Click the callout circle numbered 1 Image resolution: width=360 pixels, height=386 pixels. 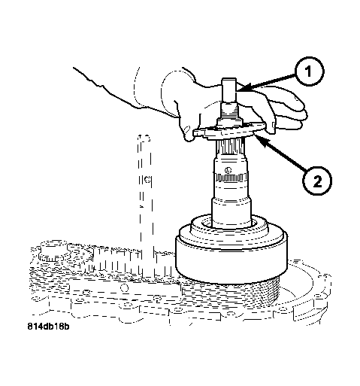309,71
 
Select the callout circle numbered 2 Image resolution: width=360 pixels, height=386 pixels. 317,181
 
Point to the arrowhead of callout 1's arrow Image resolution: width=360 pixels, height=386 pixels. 241,90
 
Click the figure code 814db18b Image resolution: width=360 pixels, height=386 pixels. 48,327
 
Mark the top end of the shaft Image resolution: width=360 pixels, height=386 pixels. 229,79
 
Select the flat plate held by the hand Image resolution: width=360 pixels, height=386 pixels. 229,131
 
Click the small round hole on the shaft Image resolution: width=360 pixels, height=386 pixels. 228,170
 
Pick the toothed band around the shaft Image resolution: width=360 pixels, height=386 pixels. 231,178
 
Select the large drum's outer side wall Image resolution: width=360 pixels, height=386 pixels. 231,265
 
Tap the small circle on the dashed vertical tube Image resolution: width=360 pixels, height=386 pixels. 147,180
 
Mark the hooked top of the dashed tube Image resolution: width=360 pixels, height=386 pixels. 144,138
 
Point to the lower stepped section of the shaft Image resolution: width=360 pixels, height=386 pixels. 231,212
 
